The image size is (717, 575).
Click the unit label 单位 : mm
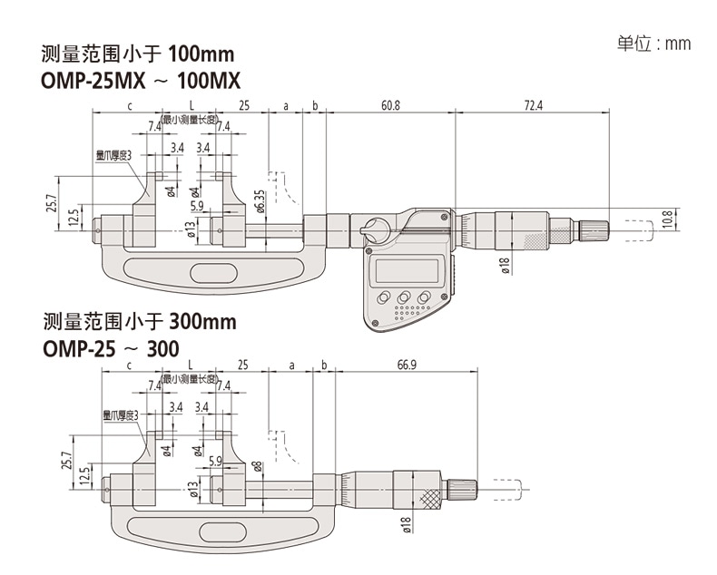653,44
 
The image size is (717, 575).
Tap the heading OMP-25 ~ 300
110,347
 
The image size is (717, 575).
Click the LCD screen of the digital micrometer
407,270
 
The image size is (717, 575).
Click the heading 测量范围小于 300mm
139,322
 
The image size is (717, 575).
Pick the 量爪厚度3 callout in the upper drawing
114,156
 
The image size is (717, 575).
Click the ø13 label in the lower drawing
192,491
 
